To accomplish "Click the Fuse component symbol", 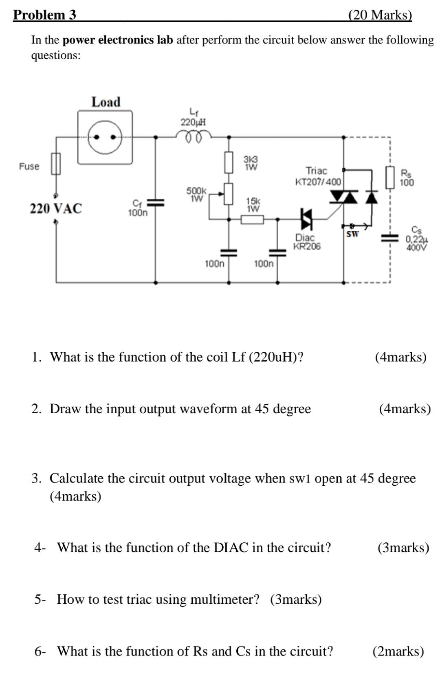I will point(56,164).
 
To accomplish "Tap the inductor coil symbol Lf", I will point(193,135).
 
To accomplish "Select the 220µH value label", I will point(193,122).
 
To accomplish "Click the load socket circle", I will point(105,137).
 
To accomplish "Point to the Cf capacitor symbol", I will point(155,202).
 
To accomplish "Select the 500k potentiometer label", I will point(197,194).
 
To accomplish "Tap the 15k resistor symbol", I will point(252,220).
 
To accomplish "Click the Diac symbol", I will point(307,219).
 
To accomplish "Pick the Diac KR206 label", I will point(307,242).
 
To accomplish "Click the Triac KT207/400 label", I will point(318,176).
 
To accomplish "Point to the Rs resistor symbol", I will point(390,177).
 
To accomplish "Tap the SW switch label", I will point(352,234).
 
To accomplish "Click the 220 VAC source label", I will point(56,208).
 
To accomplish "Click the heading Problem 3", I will point(45,15).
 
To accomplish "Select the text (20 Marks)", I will point(380,15).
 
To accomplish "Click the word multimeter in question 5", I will point(224,599).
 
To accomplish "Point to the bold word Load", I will point(106,102).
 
